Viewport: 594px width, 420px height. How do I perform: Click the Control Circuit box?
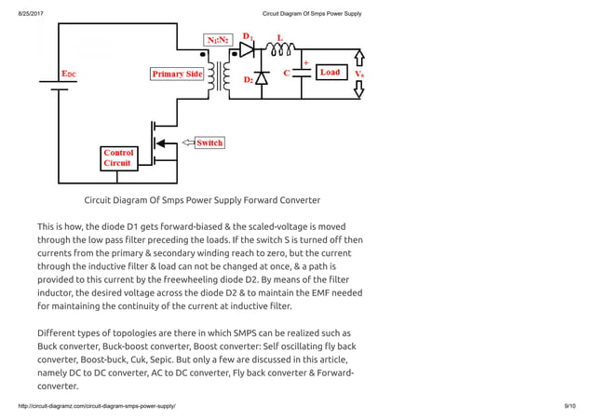pos(118,157)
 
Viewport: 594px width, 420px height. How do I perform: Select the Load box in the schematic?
pos(330,72)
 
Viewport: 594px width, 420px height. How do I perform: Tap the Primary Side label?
pos(177,74)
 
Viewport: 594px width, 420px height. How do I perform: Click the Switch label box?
pos(209,142)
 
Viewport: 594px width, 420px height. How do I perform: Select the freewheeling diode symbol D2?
pos(262,78)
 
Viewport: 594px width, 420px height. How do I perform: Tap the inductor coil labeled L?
pos(280,51)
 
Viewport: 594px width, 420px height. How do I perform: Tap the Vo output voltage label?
pos(359,72)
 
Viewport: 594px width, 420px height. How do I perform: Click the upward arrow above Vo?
pos(360,56)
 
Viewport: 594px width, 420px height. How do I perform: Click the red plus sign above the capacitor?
pos(305,62)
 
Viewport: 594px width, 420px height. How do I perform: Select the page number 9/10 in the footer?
pos(570,407)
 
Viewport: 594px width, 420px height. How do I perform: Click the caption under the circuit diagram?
pos(202,199)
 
